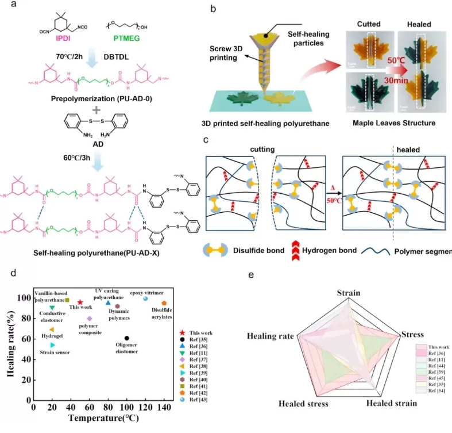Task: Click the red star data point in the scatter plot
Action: click(80, 302)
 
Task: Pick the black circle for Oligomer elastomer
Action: click(126, 338)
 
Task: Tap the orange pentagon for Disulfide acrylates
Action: click(164, 302)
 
